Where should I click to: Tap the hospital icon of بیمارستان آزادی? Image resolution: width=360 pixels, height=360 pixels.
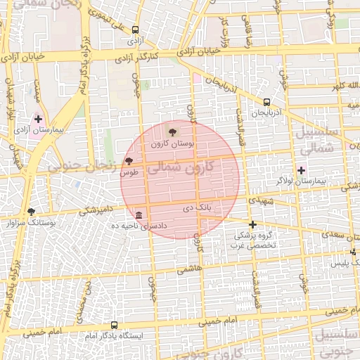(38, 120)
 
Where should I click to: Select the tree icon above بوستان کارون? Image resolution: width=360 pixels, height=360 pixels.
(173, 132)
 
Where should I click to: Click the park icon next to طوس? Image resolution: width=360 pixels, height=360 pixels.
(128, 161)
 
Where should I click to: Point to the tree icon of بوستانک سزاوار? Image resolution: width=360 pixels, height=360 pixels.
(31, 212)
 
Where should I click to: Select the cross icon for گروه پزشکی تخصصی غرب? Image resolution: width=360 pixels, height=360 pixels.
(253, 224)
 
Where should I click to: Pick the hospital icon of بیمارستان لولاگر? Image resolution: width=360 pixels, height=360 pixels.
(302, 170)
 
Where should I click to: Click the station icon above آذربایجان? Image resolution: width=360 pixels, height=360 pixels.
(266, 102)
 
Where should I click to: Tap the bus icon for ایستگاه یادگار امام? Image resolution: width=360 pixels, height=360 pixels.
(114, 325)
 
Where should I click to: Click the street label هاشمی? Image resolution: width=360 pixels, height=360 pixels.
(190, 269)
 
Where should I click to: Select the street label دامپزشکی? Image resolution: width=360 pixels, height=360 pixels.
(96, 210)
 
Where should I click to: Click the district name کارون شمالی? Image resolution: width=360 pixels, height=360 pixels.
(185, 167)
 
